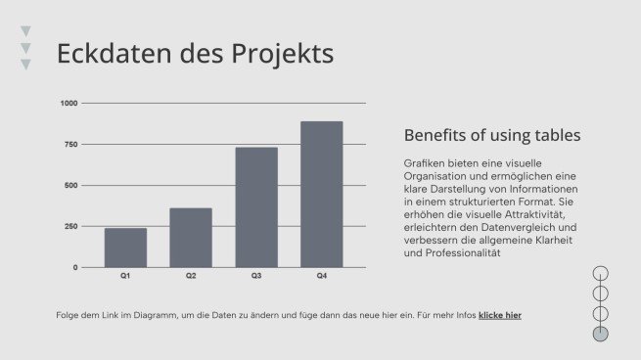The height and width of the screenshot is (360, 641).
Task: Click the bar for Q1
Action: coord(125,247)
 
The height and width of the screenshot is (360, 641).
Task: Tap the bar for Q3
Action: coord(256,206)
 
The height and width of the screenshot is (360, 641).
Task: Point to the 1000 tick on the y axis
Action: coord(69,103)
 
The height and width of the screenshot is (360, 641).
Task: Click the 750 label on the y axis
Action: coord(70,144)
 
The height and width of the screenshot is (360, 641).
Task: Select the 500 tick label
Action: coord(70,185)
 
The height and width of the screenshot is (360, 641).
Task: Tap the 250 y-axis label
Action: coord(70,226)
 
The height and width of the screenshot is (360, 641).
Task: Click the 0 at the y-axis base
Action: coord(74,267)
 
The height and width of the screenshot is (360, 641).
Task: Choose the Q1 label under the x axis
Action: coord(125,277)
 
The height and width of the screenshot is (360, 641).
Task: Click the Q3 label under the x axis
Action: coord(256,277)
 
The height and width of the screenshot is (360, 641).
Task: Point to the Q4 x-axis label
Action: coord(321,277)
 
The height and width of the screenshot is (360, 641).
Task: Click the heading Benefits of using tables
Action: coord(492,135)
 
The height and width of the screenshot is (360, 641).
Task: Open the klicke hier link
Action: coord(499,315)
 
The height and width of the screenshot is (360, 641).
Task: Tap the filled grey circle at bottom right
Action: coord(601,334)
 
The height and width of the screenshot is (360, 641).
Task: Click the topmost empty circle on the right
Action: coord(601,273)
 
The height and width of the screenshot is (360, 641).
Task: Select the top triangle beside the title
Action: coord(25,31)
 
